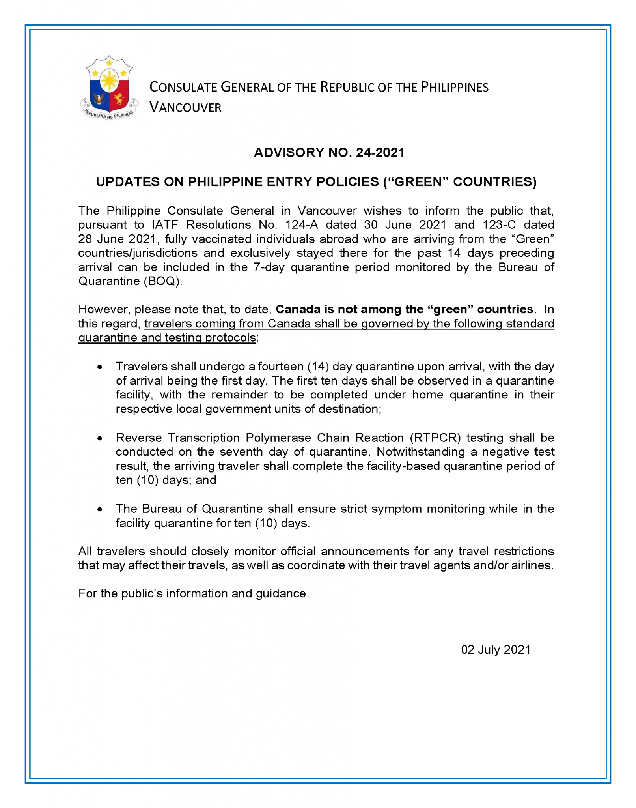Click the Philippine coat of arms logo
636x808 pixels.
click(109, 88)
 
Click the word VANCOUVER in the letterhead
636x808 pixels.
click(185, 107)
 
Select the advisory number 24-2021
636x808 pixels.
click(380, 153)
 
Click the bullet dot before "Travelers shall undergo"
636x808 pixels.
click(100, 367)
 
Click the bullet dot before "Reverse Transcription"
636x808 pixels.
click(100, 438)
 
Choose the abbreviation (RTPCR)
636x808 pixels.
click(435, 438)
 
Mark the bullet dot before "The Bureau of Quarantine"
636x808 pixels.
click(100, 509)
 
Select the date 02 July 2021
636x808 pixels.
click(496, 650)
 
